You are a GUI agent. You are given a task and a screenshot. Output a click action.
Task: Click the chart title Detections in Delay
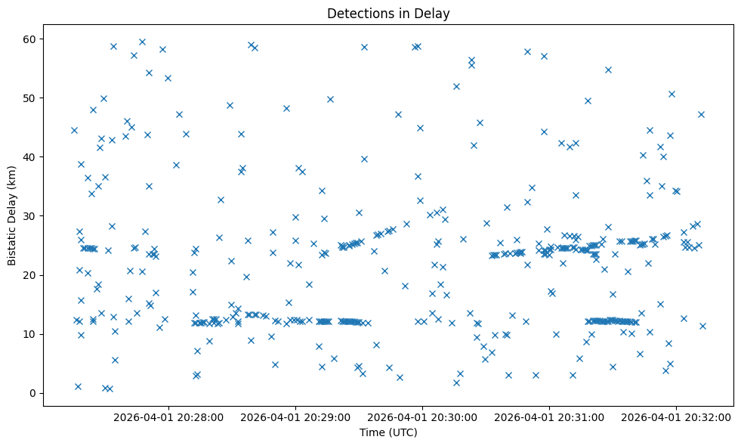[388, 13]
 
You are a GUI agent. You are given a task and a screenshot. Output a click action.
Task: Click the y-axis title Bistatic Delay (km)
[12, 215]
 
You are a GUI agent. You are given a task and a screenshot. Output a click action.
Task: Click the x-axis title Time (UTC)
[388, 433]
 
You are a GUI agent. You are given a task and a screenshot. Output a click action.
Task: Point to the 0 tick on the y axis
[33, 393]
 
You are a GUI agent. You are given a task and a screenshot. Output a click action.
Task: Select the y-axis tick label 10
[30, 334]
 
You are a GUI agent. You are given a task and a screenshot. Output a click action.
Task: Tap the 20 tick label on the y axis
[30, 275]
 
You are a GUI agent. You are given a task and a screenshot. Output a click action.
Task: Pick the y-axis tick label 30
[30, 216]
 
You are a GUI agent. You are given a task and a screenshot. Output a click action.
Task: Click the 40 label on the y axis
[30, 157]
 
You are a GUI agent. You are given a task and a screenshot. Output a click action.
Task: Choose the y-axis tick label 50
[30, 98]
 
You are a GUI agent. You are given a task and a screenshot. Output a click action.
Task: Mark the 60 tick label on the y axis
[30, 39]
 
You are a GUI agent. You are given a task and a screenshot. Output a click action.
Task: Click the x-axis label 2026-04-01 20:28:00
[168, 417]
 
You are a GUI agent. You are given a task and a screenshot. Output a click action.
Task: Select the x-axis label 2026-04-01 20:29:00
[295, 417]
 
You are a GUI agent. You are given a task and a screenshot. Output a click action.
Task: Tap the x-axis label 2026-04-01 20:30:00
[422, 417]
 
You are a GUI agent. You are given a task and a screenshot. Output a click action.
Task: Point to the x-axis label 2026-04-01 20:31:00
[549, 417]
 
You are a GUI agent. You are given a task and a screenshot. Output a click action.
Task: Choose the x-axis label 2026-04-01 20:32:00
[676, 417]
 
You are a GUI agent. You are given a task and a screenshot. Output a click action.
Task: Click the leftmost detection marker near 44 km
[74, 130]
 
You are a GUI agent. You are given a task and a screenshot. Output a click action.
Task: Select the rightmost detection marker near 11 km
[702, 326]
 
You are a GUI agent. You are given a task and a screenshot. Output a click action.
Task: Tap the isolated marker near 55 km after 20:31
[608, 70]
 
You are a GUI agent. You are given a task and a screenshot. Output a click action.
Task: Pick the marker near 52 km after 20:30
[456, 86]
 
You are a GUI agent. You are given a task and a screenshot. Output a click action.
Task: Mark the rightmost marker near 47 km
[701, 114]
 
